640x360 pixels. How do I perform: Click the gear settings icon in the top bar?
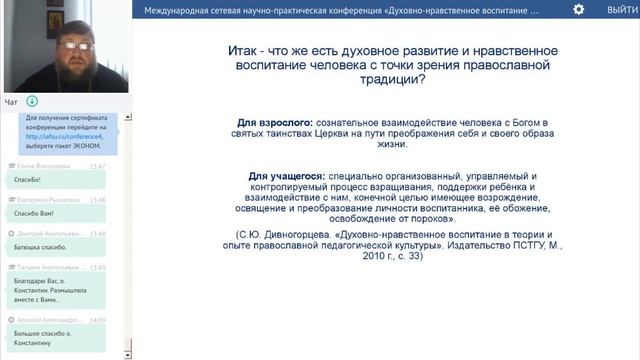pos(578,9)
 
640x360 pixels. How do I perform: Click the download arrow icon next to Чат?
pos(33,101)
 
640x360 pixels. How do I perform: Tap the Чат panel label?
pos(11,101)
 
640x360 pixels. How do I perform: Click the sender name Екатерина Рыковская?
pos(46,200)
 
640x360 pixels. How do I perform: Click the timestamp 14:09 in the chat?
pos(97,319)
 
